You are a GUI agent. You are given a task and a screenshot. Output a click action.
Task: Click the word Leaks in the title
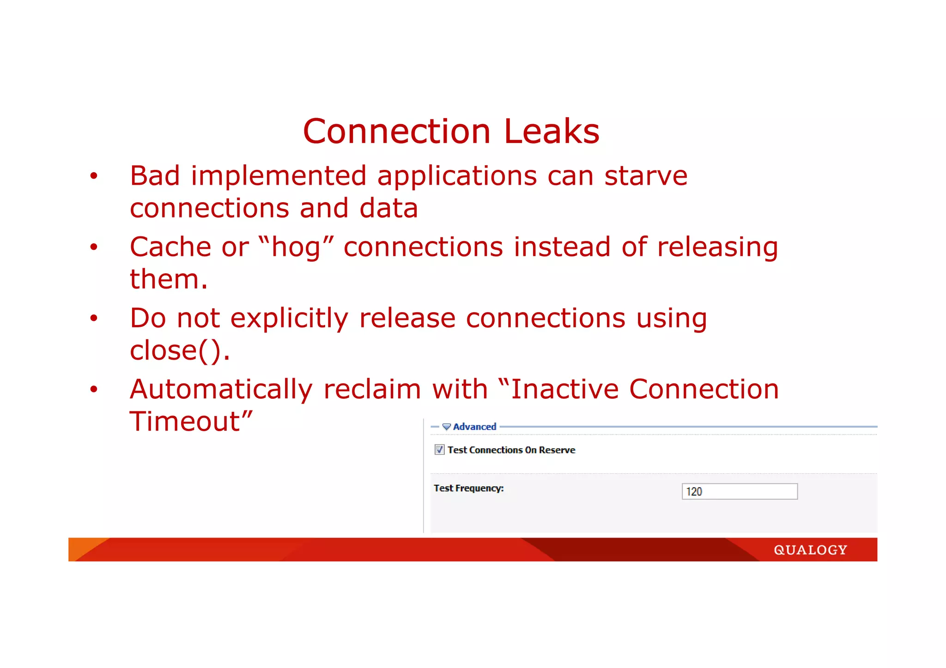click(x=552, y=132)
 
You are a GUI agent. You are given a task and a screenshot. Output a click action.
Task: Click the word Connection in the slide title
click(x=396, y=132)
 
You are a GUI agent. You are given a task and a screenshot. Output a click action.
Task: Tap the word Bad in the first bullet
click(x=155, y=176)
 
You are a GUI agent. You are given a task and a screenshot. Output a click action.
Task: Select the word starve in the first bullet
click(x=646, y=176)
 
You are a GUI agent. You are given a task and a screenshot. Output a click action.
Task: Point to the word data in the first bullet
click(x=388, y=208)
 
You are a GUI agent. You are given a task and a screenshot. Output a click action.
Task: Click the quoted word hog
click(x=296, y=247)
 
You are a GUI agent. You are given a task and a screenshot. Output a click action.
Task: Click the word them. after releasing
click(x=169, y=279)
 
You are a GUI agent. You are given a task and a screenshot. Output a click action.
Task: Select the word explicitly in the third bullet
click(x=289, y=319)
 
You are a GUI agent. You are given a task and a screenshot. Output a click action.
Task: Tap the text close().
click(x=179, y=351)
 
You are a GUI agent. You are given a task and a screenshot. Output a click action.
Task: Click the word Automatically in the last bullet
click(x=221, y=390)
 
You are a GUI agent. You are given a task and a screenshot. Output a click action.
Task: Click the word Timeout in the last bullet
click(x=185, y=421)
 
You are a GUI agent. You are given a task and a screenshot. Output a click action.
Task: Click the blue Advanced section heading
click(x=474, y=427)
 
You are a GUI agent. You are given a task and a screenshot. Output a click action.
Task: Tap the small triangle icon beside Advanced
click(x=446, y=427)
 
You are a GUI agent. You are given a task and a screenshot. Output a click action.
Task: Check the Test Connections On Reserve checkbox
click(x=439, y=450)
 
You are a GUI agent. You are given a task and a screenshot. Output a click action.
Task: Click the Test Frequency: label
click(x=468, y=488)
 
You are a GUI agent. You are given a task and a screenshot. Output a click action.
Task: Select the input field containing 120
click(x=739, y=492)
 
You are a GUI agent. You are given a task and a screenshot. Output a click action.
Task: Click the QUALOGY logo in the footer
click(x=810, y=550)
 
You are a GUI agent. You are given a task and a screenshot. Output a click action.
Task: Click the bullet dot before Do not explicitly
click(x=94, y=319)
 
